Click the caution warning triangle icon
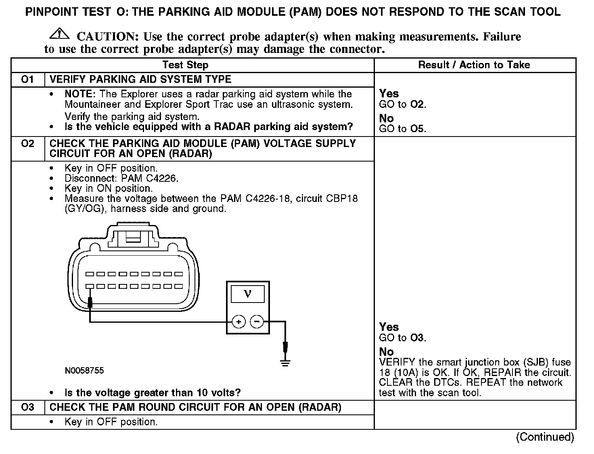click(x=59, y=34)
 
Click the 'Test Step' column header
click(x=185, y=65)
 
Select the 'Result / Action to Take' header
click(x=474, y=65)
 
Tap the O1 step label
click(x=27, y=80)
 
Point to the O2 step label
click(x=27, y=144)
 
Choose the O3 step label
click(x=27, y=407)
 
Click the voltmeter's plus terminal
click(x=239, y=322)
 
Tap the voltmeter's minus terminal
click(x=257, y=322)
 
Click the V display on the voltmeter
click(x=248, y=294)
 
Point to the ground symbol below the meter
click(x=285, y=362)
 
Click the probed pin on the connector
click(x=90, y=286)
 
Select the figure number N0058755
click(x=84, y=371)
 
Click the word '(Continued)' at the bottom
click(x=545, y=437)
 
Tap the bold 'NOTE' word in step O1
click(x=79, y=94)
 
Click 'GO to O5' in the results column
click(x=402, y=129)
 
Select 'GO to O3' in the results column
click(x=402, y=338)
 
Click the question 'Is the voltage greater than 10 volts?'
click(x=153, y=393)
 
